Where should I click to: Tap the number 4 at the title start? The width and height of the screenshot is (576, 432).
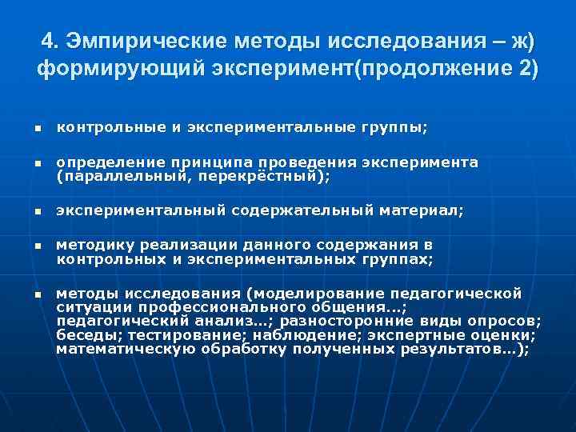[47, 40]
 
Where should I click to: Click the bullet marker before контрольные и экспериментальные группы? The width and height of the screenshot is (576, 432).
[37, 129]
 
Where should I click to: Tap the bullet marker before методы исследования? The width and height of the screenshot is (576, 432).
[37, 294]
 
